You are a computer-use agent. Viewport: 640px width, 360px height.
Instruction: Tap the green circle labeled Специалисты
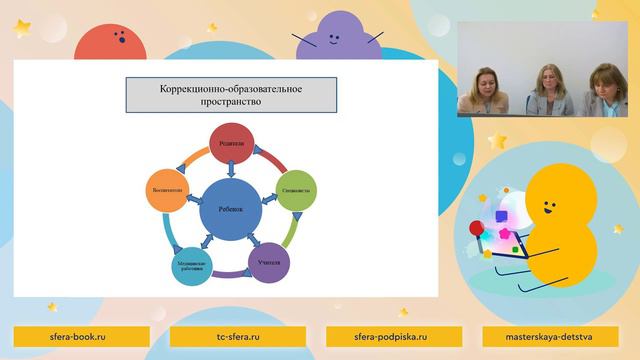[295, 188]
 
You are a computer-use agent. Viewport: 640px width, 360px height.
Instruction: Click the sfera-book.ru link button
[81, 336]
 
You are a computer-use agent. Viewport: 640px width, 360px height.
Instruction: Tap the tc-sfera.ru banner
[238, 336]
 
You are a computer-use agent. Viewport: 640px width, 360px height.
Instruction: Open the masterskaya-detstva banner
[553, 336]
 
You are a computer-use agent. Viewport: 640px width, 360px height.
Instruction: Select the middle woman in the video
[548, 91]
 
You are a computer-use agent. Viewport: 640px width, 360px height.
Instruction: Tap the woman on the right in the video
[606, 92]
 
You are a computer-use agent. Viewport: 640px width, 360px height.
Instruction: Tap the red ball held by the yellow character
[476, 230]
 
